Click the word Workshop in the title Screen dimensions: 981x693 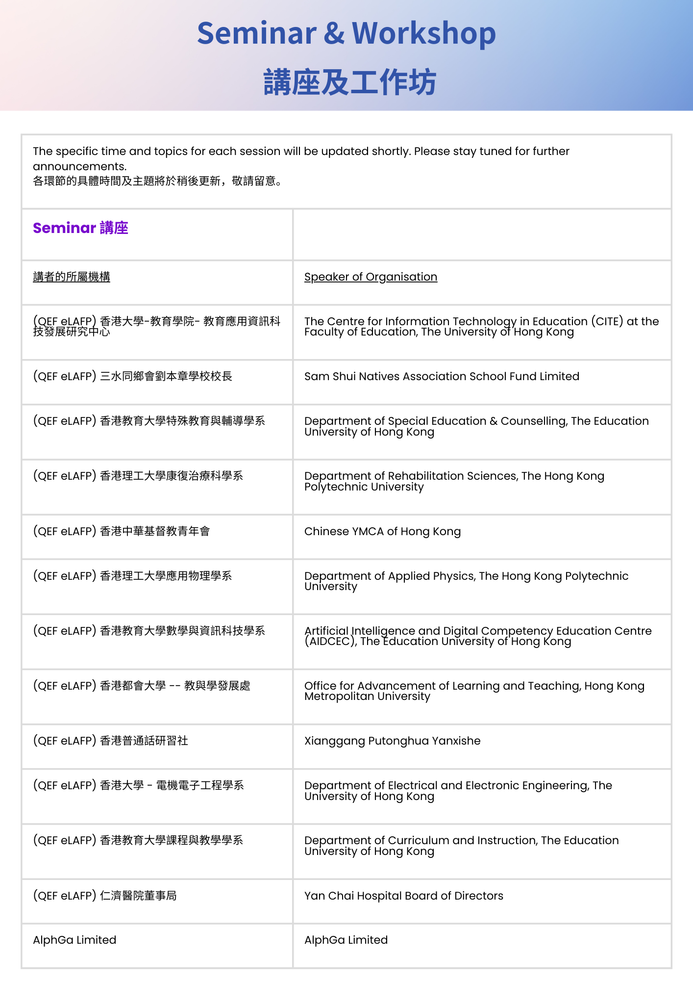pyautogui.click(x=423, y=33)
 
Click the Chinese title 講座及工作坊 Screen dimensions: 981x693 pyautogui.click(x=349, y=82)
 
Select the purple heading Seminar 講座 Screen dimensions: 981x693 pyautogui.click(x=80, y=228)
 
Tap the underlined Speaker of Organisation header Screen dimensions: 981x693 pyautogui.click(x=371, y=277)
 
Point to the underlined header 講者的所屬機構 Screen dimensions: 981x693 pyautogui.click(x=72, y=277)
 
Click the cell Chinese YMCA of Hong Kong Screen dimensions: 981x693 pyautogui.click(x=382, y=532)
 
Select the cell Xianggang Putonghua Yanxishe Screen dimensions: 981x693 pyautogui.click(x=392, y=741)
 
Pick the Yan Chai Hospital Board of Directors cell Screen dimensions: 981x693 pyautogui.click(x=403, y=896)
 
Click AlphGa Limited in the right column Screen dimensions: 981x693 pyautogui.click(x=346, y=940)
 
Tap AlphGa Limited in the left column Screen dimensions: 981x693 pyautogui.click(x=74, y=940)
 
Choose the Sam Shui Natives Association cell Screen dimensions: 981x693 pyautogui.click(x=442, y=377)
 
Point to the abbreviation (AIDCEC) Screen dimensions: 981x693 pyautogui.click(x=330, y=642)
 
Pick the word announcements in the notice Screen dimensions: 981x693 pyautogui.click(x=79, y=167)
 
